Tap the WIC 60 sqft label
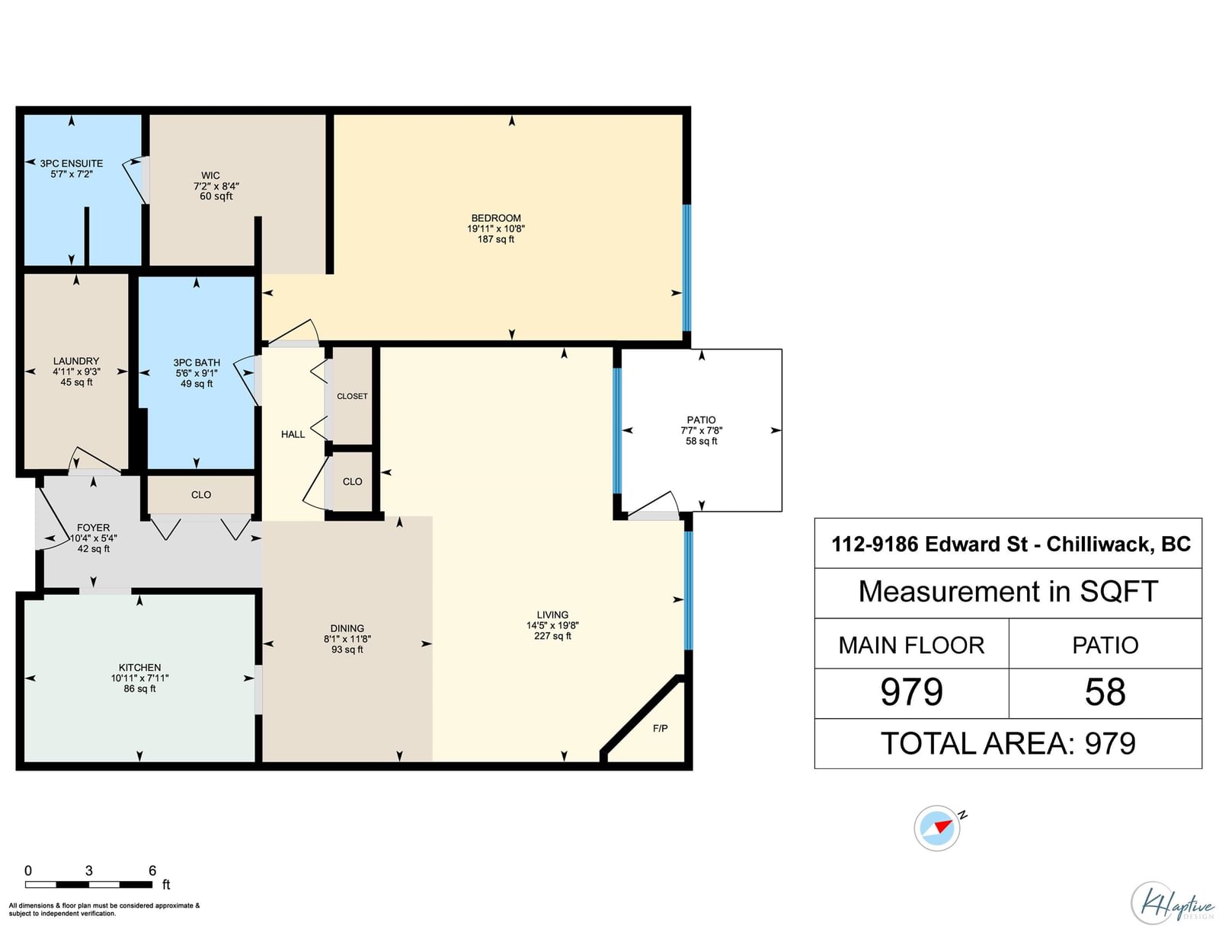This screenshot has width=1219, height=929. coord(216,185)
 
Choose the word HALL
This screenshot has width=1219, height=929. coord(293,435)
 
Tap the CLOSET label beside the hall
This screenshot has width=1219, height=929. coord(352,396)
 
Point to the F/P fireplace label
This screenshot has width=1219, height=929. coord(660,728)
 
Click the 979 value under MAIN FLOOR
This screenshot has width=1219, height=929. coord(911,692)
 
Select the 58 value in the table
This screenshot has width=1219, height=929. coord(1105,692)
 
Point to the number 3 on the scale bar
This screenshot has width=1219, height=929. coord(89,870)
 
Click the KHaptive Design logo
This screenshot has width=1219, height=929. coord(1172,902)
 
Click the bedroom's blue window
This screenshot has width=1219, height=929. coord(686,268)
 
